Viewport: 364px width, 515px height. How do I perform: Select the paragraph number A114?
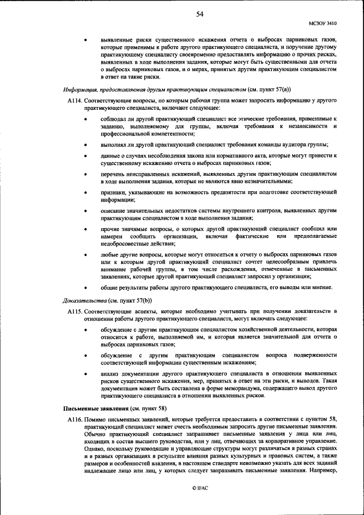pos(75,100)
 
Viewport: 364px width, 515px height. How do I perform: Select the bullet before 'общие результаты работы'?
pos(85,289)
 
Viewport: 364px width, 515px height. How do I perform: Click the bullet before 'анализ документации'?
pos(85,374)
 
